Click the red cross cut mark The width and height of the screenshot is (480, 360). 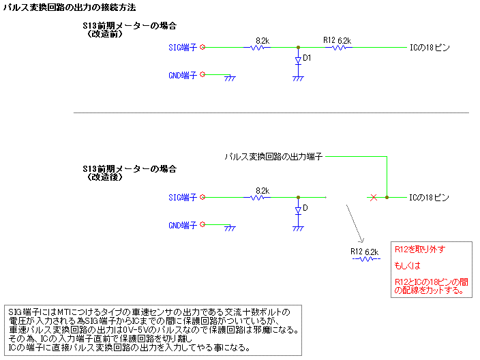pyautogui.click(x=374, y=198)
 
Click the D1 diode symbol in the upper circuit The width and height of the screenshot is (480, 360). pyautogui.click(x=298, y=60)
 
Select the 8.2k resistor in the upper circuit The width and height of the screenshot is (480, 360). pyautogui.click(x=257, y=48)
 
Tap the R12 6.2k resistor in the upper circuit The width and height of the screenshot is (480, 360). pyautogui.click(x=339, y=48)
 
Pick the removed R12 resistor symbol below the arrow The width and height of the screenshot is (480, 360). pyautogui.click(x=366, y=259)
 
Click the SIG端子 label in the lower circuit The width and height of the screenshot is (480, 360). pyautogui.click(x=183, y=198)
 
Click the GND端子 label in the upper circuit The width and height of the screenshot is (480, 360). pyautogui.click(x=183, y=75)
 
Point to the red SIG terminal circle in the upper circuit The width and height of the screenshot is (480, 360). pyautogui.click(x=202, y=47)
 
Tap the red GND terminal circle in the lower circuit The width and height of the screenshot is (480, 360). pyautogui.click(x=202, y=224)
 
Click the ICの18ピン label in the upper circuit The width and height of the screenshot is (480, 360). pyautogui.click(x=430, y=48)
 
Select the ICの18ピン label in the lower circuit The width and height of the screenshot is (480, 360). pyautogui.click(x=429, y=198)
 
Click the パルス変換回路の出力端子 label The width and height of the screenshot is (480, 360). pyautogui.click(x=273, y=157)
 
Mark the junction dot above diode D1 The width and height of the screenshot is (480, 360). pyautogui.click(x=298, y=48)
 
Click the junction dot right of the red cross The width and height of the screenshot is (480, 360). pyautogui.click(x=387, y=198)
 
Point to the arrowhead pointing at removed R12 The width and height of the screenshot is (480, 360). pyautogui.click(x=361, y=240)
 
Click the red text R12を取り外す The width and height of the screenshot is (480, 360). pyautogui.click(x=420, y=250)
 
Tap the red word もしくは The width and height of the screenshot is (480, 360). pyautogui.click(x=408, y=266)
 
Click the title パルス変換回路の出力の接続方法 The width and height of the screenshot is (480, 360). pyautogui.click(x=70, y=7)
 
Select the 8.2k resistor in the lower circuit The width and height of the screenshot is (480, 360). pyautogui.click(x=257, y=198)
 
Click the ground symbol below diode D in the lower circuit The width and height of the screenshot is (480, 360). pyautogui.click(x=298, y=228)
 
